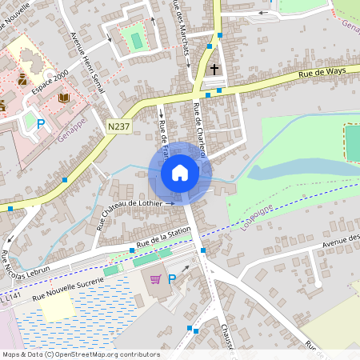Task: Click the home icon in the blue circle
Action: pyautogui.click(x=180, y=172)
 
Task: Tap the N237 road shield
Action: pyautogui.click(x=118, y=126)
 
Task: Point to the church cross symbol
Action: pyautogui.click(x=214, y=70)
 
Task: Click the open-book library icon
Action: pyautogui.click(x=64, y=98)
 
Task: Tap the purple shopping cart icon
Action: pyautogui.click(x=156, y=278)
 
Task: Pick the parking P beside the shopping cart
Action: pyautogui.click(x=171, y=278)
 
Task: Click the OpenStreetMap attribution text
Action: pyautogui.click(x=80, y=354)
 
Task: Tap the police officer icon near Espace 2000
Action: pyautogui.click(x=22, y=79)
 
